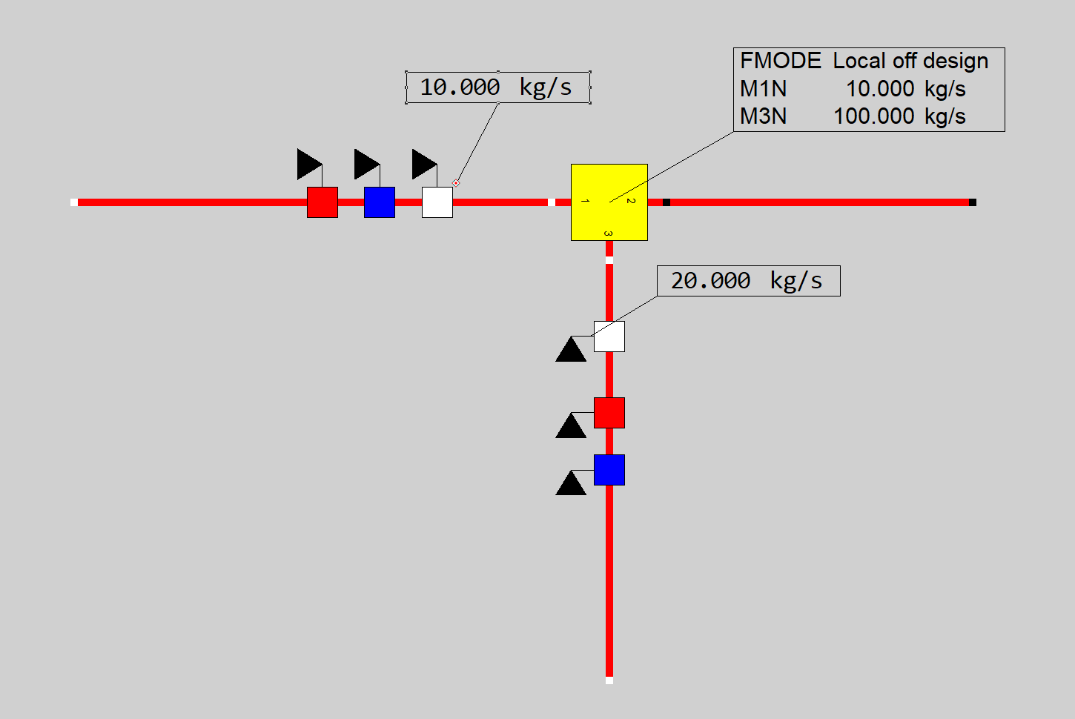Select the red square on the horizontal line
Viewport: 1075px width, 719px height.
(322, 202)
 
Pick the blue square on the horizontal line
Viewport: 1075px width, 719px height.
(380, 202)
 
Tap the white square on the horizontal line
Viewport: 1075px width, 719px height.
(437, 202)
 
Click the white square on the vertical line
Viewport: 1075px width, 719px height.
(609, 337)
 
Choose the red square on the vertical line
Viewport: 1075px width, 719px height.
(609, 413)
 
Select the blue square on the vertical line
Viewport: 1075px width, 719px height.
(609, 470)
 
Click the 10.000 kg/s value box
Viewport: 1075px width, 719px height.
(497, 87)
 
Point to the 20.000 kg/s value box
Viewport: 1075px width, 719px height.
(748, 281)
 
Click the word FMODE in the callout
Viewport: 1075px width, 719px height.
(781, 61)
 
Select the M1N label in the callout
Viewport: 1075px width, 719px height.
(764, 89)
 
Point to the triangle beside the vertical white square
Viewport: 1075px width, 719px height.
(571, 351)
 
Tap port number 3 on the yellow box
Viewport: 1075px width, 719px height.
(609, 233)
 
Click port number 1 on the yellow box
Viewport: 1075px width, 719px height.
(585, 202)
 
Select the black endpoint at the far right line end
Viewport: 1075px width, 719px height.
(973, 202)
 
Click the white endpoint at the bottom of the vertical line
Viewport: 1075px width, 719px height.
(609, 680)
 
